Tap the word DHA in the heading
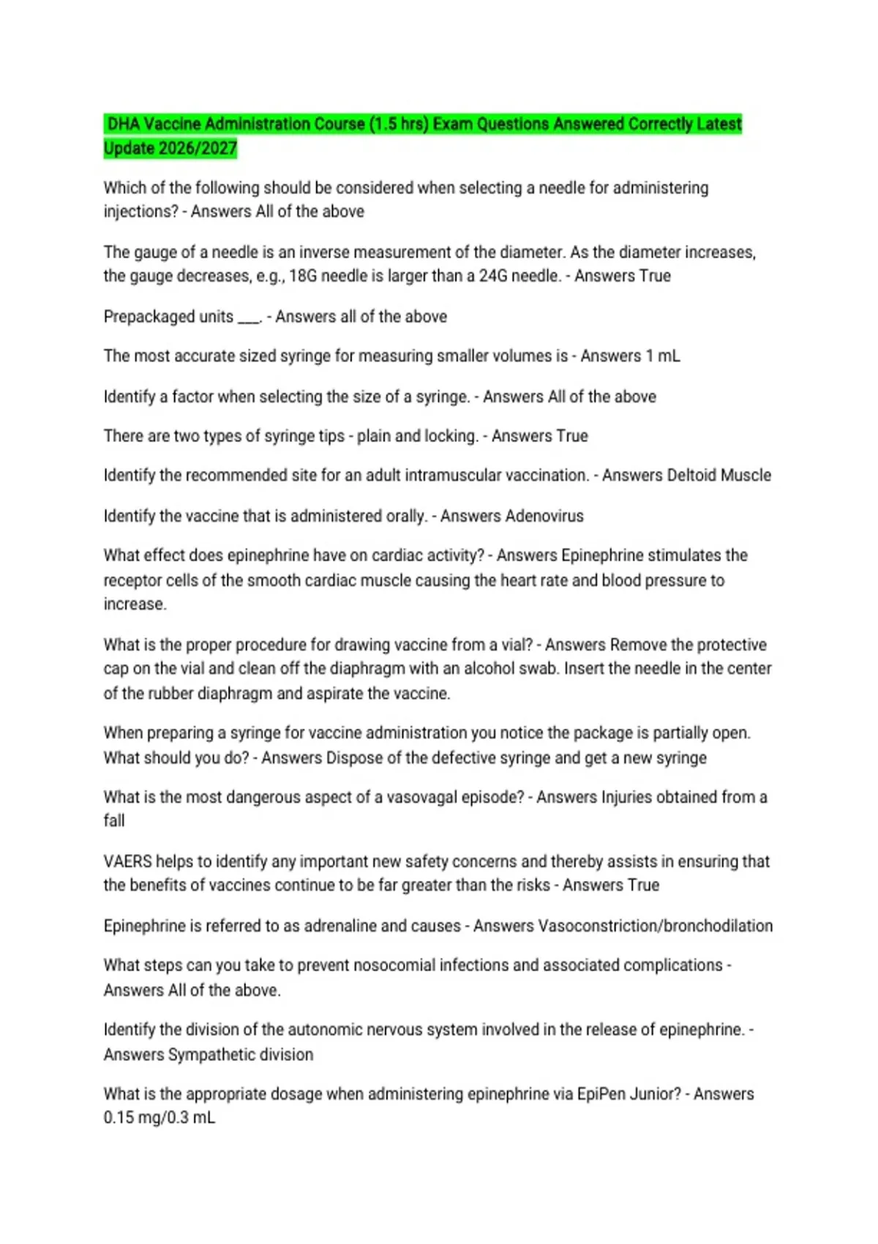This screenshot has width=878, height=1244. tap(124, 124)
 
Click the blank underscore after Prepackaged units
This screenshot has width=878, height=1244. tap(249, 319)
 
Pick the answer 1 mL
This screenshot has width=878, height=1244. tap(662, 356)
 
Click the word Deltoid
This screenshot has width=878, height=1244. tap(691, 476)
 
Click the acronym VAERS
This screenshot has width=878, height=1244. tap(127, 862)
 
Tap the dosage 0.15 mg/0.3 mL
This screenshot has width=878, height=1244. tap(160, 1118)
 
